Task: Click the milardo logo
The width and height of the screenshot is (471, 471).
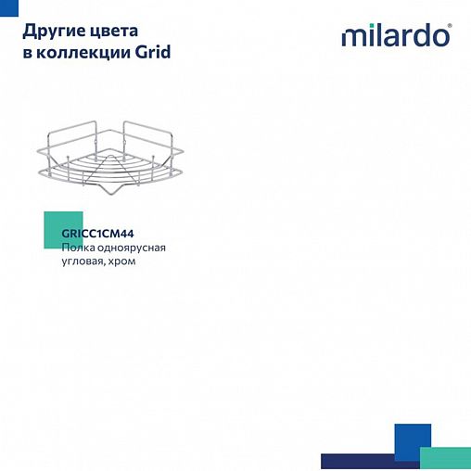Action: [x=396, y=36]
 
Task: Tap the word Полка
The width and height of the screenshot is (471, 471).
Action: [x=76, y=248]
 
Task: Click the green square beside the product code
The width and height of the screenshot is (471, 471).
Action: [x=56, y=230]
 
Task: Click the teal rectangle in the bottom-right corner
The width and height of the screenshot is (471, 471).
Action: [x=445, y=458]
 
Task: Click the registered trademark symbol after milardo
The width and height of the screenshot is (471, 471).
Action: [x=452, y=28]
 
